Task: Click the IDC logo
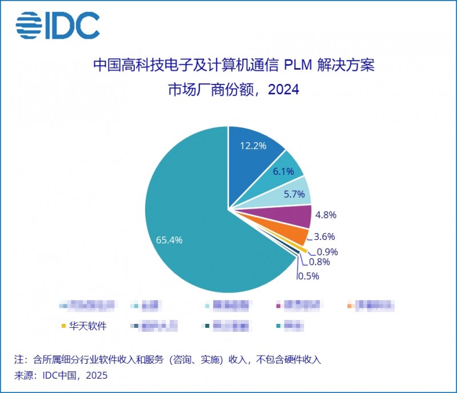pos(57,25)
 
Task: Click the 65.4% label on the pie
pos(169,240)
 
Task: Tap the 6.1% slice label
pos(282,171)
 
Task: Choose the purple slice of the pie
pos(297,216)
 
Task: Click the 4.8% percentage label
pos(326,215)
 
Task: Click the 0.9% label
pos(328,251)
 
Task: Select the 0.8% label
pos(319,262)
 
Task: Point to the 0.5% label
pos(308,276)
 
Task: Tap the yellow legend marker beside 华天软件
pos(63,326)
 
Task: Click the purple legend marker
pos(278,306)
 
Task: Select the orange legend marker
pos(349,306)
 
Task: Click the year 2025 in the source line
pos(95,375)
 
